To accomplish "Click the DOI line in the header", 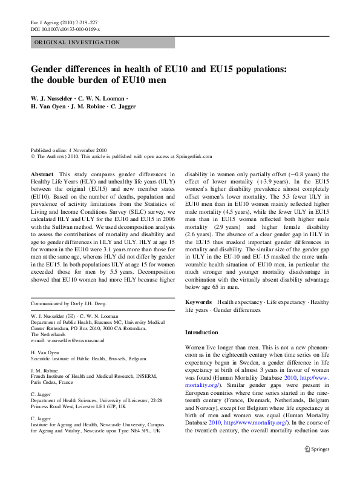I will point(65,29).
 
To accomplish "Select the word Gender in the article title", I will point(50,69).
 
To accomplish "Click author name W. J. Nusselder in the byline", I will point(51,98).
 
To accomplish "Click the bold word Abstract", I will point(42,174).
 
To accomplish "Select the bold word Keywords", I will point(198,302).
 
